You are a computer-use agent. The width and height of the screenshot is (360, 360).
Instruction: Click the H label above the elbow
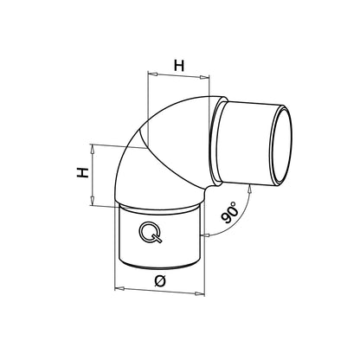[x=179, y=64]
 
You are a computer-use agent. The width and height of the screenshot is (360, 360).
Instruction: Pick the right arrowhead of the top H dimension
[x=209, y=75]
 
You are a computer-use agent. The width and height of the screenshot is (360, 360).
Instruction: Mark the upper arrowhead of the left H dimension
[x=93, y=148]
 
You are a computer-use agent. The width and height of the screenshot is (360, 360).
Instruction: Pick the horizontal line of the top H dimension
[x=179, y=75]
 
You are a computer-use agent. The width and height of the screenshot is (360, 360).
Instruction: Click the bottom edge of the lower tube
[x=159, y=270]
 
